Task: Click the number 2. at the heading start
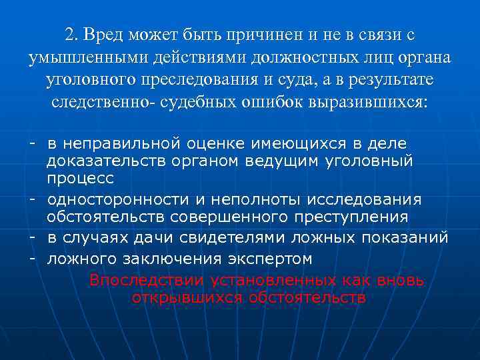73,35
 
